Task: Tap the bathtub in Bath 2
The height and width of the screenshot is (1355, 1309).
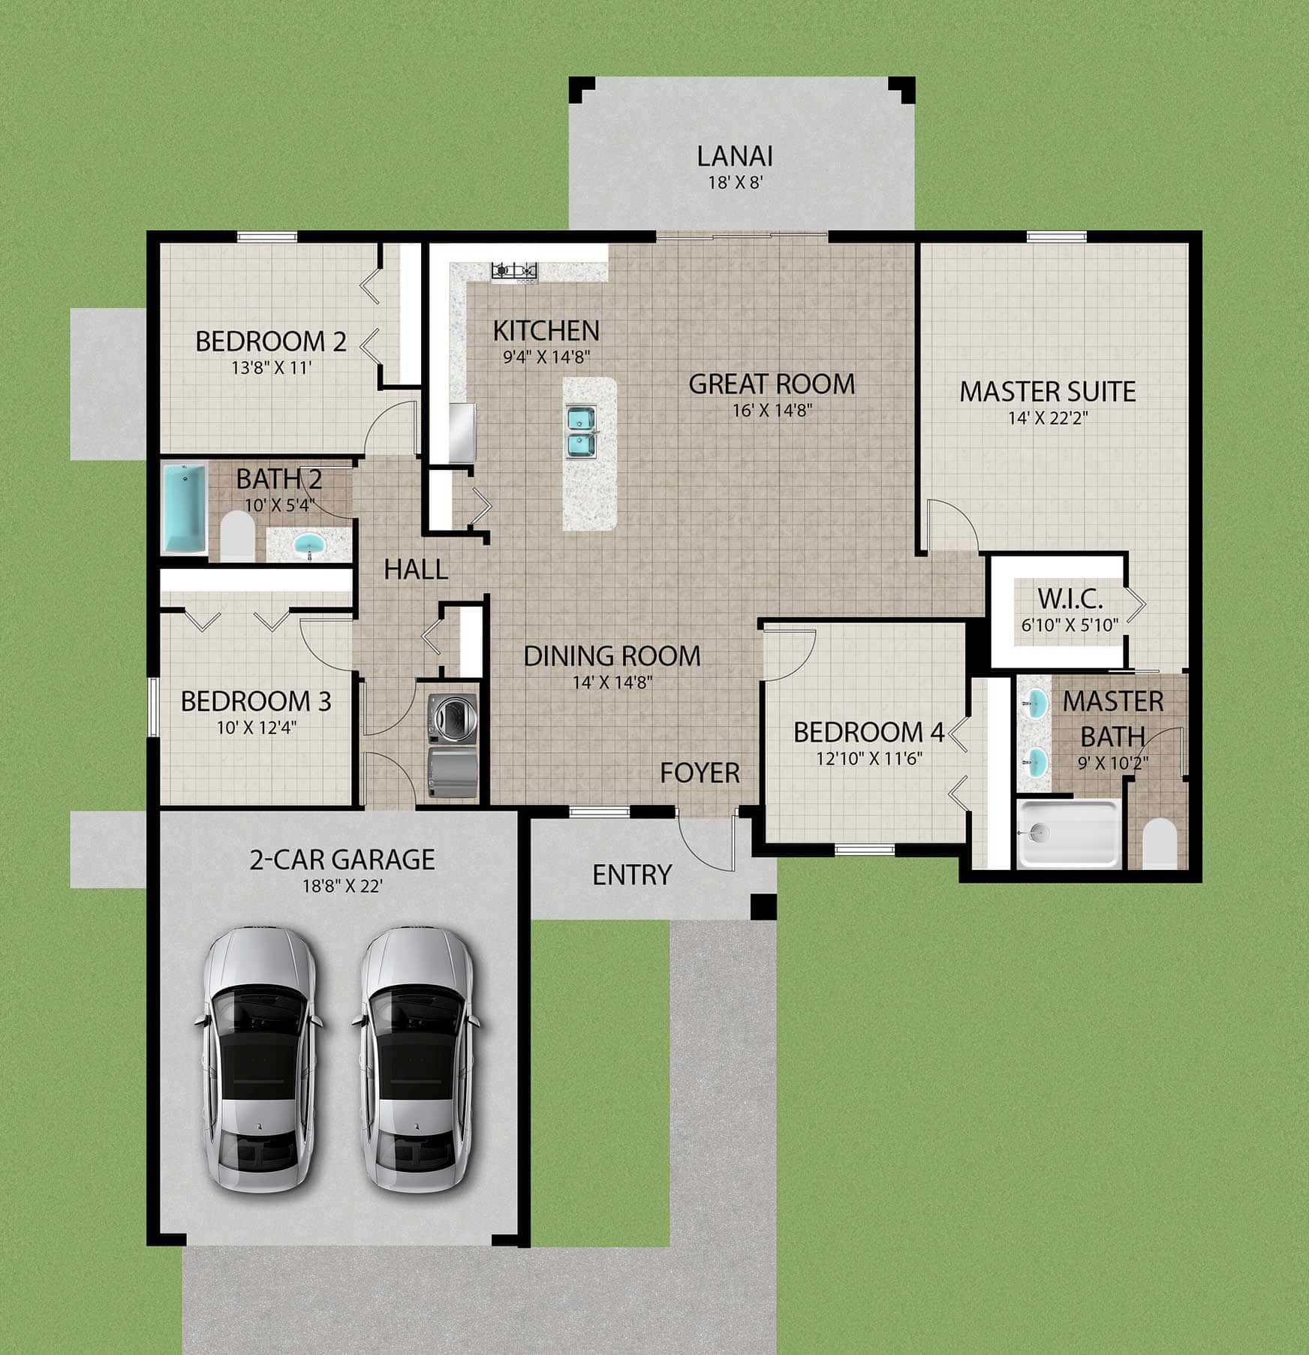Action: pos(185,508)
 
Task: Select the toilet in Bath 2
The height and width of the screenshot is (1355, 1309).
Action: pos(237,535)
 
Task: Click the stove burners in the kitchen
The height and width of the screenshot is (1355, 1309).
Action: pos(515,270)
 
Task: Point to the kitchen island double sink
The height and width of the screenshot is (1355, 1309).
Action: pos(581,431)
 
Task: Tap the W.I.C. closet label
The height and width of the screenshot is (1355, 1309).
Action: pos(1070,599)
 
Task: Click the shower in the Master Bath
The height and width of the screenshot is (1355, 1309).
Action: pos(1069,833)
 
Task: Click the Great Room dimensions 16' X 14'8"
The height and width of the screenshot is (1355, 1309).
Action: pos(772,410)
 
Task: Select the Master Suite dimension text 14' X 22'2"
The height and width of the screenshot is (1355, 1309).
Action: pos(1048,417)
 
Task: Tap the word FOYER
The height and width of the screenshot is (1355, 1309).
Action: pos(700,772)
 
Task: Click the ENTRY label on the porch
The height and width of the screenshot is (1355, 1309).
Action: pos(631,875)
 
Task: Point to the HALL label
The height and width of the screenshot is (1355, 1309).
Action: pos(416,570)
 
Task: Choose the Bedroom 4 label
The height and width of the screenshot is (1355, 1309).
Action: pos(869,732)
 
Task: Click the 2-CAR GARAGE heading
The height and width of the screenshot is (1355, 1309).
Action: pos(342,859)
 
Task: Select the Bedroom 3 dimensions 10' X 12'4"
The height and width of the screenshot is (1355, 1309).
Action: pos(255,727)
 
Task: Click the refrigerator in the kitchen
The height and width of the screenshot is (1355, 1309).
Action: pos(462,432)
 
